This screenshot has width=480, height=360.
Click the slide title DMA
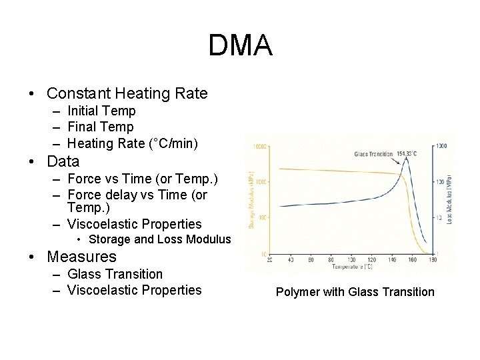point(240,45)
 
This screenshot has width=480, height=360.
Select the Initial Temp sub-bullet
point(101,111)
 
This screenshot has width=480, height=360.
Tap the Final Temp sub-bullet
point(100,127)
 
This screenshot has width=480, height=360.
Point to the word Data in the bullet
point(63,161)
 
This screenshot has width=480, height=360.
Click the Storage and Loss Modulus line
point(159,239)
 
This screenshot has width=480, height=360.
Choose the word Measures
point(82,257)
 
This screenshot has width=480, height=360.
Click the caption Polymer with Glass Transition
point(355,291)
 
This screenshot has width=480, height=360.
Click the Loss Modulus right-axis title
point(451,198)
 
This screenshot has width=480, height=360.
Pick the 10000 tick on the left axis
point(259,145)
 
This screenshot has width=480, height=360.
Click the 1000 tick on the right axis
point(441,145)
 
